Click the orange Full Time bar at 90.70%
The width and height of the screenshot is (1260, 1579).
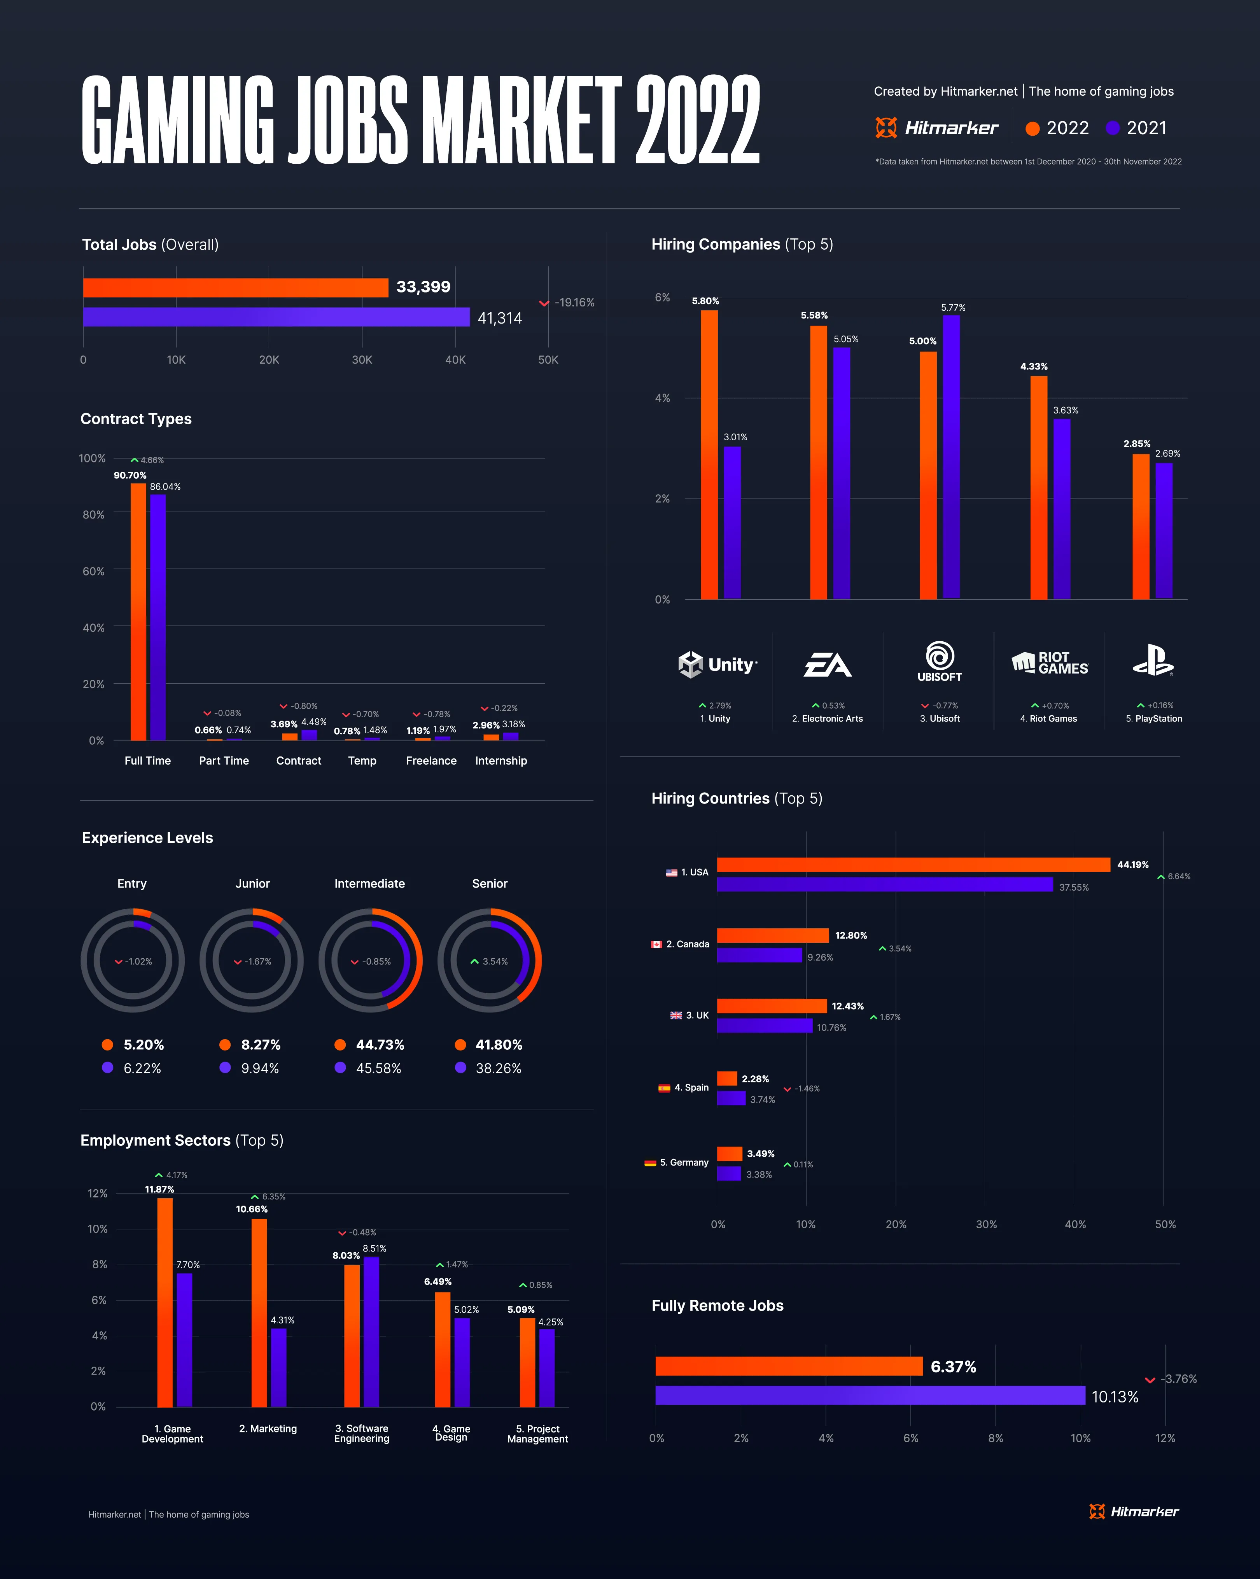click(x=138, y=611)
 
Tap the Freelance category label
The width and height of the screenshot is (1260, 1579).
click(x=431, y=761)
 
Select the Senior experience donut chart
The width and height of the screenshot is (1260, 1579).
click(x=490, y=960)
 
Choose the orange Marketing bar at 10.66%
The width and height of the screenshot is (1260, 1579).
click(x=259, y=1313)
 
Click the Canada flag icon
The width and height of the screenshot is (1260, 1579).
click(x=657, y=944)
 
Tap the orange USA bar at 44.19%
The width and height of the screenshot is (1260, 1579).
click(x=913, y=865)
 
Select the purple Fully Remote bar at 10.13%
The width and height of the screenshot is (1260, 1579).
click(x=870, y=1395)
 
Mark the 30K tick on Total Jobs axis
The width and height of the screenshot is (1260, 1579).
click(x=362, y=360)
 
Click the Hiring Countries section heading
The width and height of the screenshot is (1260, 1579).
click(x=737, y=798)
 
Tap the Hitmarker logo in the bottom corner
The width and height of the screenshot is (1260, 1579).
click(x=1134, y=1512)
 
